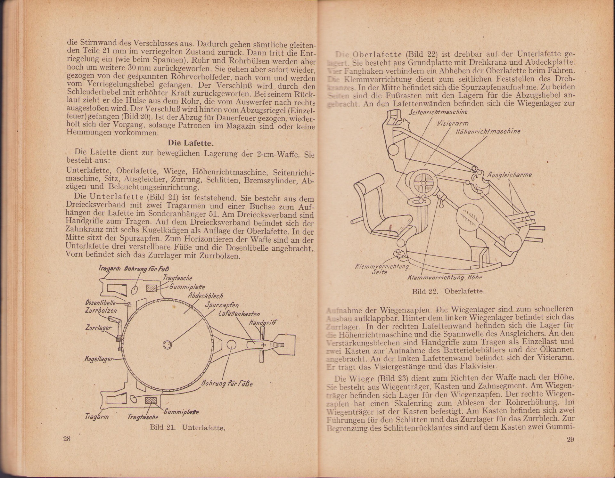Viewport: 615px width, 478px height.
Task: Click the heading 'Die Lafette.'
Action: tap(191, 143)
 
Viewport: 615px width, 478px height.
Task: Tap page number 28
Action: tap(67, 439)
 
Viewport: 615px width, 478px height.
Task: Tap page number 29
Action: tap(570, 439)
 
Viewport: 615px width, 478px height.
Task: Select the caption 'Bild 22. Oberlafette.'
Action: tap(448, 291)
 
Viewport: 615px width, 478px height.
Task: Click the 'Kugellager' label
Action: tap(99, 359)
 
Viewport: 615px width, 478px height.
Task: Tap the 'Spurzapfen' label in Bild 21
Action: tap(222, 305)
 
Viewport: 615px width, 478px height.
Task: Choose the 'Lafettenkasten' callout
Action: tap(239, 314)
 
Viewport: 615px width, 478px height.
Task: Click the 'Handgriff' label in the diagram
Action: tap(263, 323)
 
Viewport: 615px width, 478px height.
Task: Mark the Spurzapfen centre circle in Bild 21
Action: tap(167, 344)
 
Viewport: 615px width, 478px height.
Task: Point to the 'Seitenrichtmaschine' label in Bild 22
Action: tap(438, 112)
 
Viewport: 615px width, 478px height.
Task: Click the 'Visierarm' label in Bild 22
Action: tap(452, 123)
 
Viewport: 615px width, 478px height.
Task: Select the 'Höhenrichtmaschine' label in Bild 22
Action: tap(488, 131)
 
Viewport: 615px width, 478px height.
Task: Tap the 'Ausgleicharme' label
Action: tap(509, 175)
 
